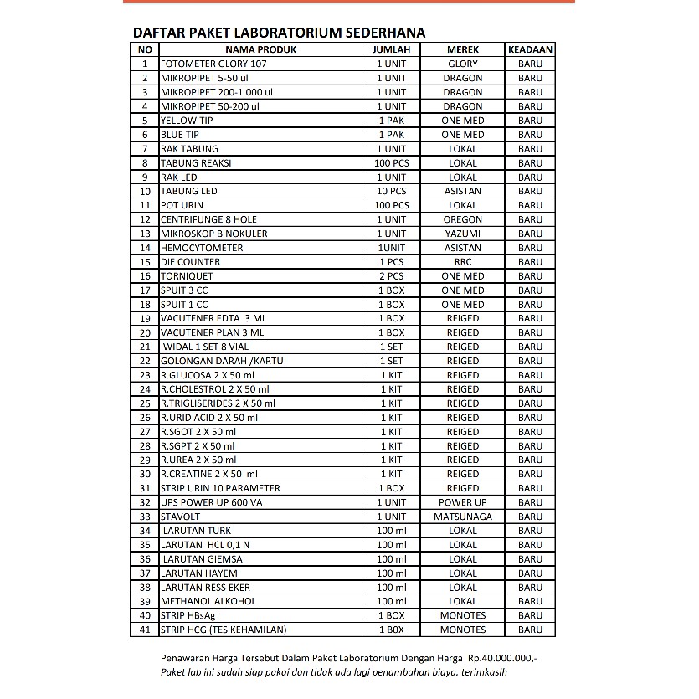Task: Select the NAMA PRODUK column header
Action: point(260,49)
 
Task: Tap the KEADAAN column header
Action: point(530,49)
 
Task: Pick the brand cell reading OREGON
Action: point(463,219)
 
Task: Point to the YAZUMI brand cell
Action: point(463,234)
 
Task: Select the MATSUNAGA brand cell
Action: point(463,517)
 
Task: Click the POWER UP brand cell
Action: point(463,502)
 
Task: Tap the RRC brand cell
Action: point(463,262)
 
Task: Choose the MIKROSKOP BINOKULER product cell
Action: point(214,234)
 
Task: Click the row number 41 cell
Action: point(145,630)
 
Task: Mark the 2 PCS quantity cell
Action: point(391,276)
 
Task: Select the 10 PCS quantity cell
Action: point(391,191)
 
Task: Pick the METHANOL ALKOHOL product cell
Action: point(208,601)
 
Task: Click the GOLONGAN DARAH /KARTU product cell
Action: point(222,361)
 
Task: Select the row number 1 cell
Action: point(145,64)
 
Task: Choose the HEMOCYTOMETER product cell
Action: point(202,248)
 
